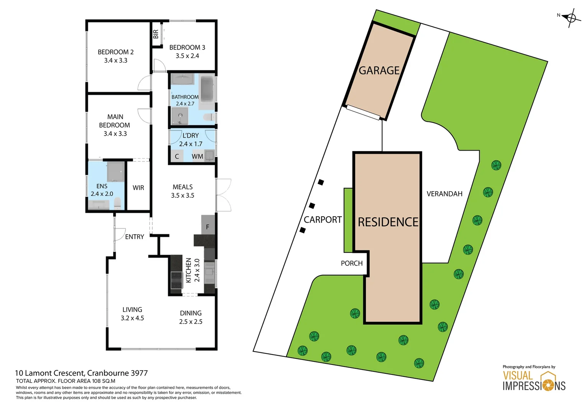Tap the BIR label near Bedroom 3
point(156,34)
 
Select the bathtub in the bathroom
point(207,89)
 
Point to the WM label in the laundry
point(198,156)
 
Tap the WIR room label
point(138,188)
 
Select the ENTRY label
point(135,237)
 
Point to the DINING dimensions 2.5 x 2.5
point(191,322)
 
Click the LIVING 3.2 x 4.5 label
point(132,314)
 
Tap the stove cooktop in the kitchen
point(176,280)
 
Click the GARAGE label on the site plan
point(379,71)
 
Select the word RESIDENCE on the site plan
point(388,222)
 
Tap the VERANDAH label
point(444,194)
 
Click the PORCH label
point(352,263)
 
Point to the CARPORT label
point(323,220)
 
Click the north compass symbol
point(571,18)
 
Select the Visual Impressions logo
point(534,381)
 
